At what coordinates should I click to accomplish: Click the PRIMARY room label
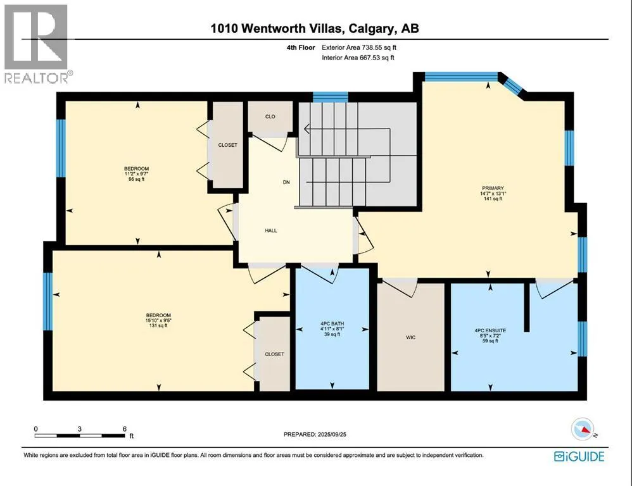[x=493, y=188]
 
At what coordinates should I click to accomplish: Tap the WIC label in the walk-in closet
[x=411, y=337]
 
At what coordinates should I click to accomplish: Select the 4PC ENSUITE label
[x=490, y=330]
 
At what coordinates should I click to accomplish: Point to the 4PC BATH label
[x=332, y=324]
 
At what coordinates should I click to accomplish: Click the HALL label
[x=271, y=231]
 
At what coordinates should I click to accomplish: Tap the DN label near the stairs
[x=286, y=182]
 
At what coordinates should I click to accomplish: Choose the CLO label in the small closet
[x=270, y=117]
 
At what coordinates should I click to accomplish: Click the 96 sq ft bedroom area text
[x=136, y=179]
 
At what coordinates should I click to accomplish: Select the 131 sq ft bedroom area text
[x=158, y=325]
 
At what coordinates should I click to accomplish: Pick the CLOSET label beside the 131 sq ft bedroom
[x=274, y=354]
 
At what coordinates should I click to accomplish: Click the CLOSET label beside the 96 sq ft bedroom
[x=228, y=145]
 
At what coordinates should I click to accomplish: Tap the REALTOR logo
[x=37, y=44]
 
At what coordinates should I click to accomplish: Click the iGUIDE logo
[x=579, y=456]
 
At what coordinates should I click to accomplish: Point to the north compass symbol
[x=583, y=430]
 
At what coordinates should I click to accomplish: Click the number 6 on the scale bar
[x=125, y=429]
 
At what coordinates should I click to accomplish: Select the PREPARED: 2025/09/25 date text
[x=315, y=435]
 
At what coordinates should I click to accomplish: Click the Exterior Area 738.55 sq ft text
[x=358, y=47]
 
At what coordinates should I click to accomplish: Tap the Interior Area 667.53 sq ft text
[x=358, y=58]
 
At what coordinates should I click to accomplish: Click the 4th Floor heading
[x=301, y=47]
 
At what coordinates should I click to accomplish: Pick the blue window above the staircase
[x=331, y=97]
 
